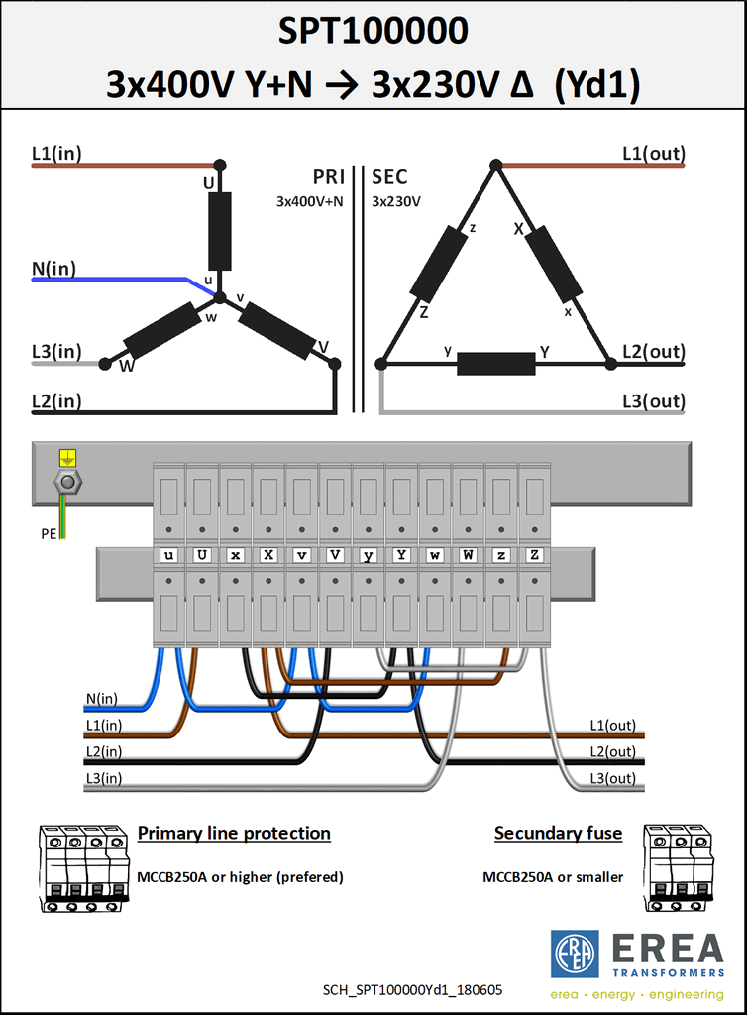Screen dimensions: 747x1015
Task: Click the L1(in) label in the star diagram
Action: pyautogui.click(x=56, y=154)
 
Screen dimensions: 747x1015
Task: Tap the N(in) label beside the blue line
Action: pyautogui.click(x=53, y=268)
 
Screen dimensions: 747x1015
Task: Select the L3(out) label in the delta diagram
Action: pyautogui.click(x=653, y=401)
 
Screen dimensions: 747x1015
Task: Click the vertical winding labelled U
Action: pyautogui.click(x=220, y=231)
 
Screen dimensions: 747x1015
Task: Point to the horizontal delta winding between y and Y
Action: pyautogui.click(x=496, y=364)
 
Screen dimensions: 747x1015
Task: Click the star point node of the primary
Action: pyautogui.click(x=220, y=297)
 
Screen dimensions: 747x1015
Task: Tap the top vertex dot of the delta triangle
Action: pyautogui.click(x=496, y=166)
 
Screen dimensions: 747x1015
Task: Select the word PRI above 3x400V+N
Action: pyautogui.click(x=328, y=177)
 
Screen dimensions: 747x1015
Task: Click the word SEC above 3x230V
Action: pyautogui.click(x=389, y=177)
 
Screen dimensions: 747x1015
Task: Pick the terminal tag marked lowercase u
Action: pyautogui.click(x=168, y=555)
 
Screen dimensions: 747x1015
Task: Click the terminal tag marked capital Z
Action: pyautogui.click(x=534, y=555)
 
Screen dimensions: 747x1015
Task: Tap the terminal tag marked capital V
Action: pyautogui.click(x=335, y=555)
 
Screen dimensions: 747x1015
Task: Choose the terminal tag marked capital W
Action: pyautogui.click(x=468, y=555)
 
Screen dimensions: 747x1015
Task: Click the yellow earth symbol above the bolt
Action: pyautogui.click(x=67, y=458)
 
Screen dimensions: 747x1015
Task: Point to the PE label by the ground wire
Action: pyautogui.click(x=50, y=534)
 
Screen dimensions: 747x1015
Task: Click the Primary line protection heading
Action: pyautogui.click(x=234, y=833)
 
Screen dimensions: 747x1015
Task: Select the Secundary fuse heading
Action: pyautogui.click(x=558, y=833)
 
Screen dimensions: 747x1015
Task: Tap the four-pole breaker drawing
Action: pyautogui.click(x=83, y=868)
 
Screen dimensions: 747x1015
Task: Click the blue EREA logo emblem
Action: pyautogui.click(x=575, y=955)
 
